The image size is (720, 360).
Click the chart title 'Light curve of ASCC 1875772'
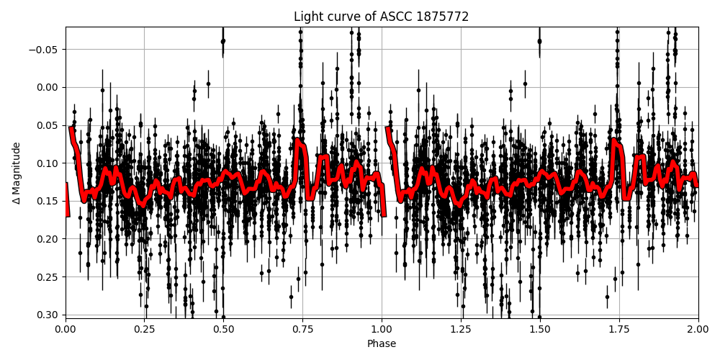(381, 17)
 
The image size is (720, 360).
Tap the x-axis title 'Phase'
(381, 344)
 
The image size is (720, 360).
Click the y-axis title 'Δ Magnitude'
(17, 172)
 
